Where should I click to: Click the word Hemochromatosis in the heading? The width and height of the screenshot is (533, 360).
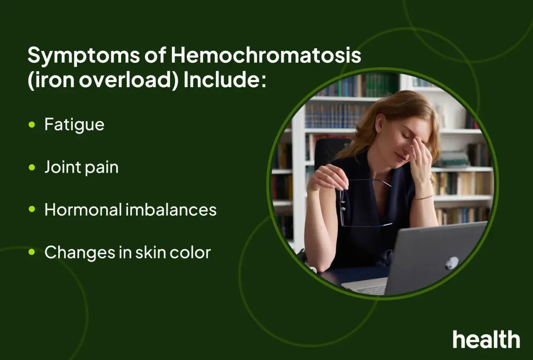266,55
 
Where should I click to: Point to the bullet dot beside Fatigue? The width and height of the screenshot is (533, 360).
32,125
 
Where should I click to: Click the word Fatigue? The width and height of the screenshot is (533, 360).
75,125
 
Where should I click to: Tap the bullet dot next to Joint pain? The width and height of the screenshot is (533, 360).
32,167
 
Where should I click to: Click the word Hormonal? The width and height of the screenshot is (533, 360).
83,210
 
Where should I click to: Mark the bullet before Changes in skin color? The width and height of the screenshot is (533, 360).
32,252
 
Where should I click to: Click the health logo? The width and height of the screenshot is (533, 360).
486,339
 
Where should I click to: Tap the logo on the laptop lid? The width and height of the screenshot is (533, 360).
452,263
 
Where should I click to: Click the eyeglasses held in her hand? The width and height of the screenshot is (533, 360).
365,203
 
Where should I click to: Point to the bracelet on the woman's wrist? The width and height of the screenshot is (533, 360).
423,197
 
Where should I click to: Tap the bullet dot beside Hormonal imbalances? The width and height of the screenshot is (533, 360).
32,209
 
